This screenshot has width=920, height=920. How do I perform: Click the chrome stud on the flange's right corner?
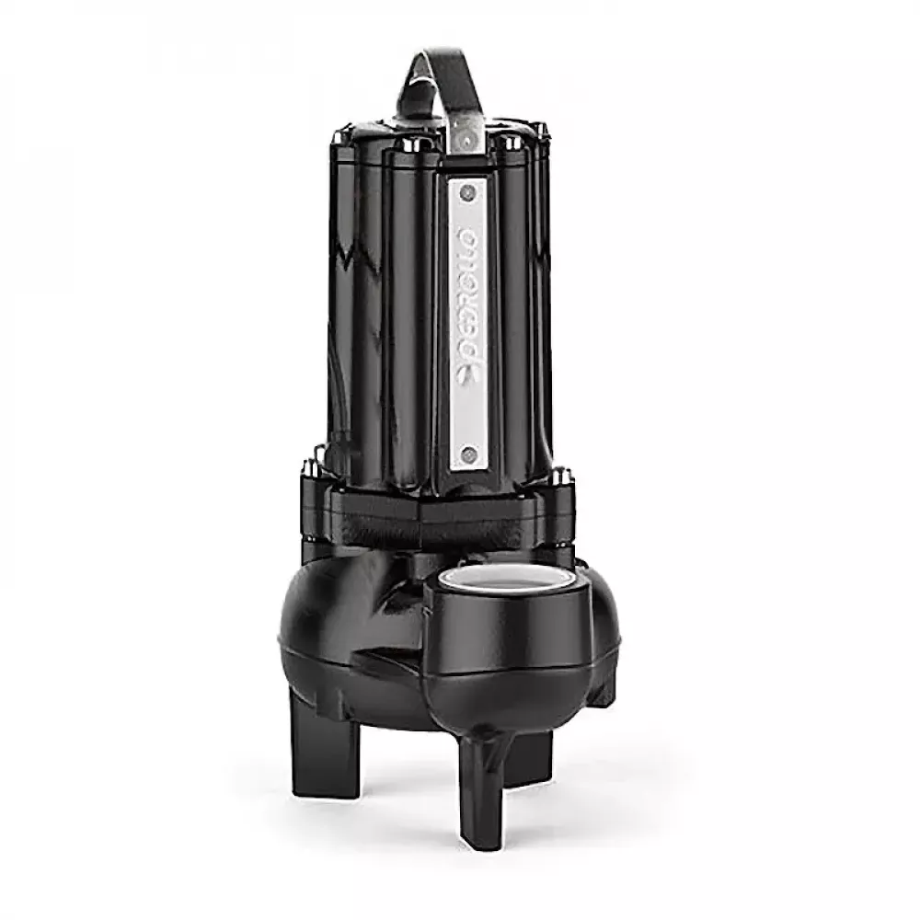point(560,476)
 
